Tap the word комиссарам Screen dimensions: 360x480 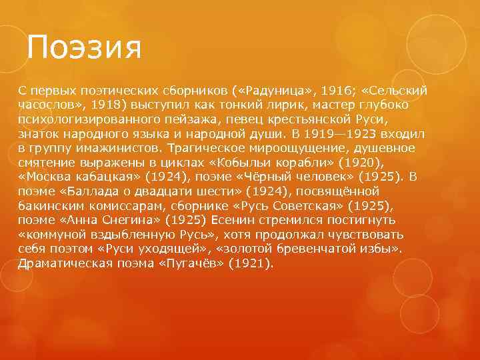click(119, 206)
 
